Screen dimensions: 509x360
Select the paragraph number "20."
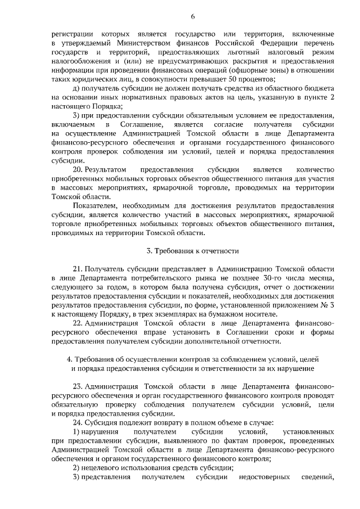[x=80, y=169]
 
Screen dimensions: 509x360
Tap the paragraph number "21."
[x=80, y=269]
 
